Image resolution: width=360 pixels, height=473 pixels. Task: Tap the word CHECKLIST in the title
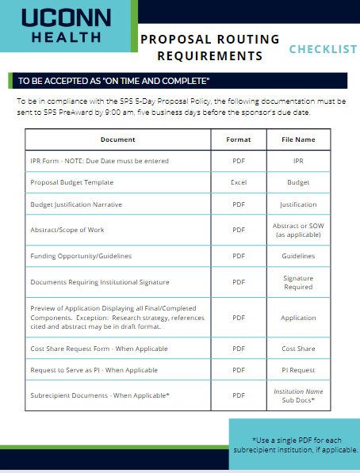(x=323, y=49)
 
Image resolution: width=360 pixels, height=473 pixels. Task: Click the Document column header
(x=118, y=139)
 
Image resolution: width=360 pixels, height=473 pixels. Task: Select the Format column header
(x=238, y=139)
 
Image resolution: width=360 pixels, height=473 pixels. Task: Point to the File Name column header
(x=298, y=139)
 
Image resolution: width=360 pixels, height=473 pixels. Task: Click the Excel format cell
(x=238, y=182)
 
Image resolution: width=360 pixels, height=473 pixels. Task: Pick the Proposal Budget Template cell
(x=72, y=182)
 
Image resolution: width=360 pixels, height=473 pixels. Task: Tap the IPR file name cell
(x=298, y=161)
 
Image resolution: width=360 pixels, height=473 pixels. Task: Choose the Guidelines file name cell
(x=298, y=256)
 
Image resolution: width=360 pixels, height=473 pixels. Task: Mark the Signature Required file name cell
(x=298, y=282)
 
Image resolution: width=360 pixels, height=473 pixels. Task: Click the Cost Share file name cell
(x=298, y=349)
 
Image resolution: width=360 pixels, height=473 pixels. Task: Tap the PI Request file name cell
(x=298, y=370)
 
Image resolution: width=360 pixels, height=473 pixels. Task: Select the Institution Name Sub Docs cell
(x=298, y=395)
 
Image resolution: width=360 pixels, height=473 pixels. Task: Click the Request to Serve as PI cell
(x=94, y=370)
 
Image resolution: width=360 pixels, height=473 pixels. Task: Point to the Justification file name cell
(x=298, y=204)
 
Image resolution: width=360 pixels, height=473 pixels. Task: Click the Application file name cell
(x=298, y=318)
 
